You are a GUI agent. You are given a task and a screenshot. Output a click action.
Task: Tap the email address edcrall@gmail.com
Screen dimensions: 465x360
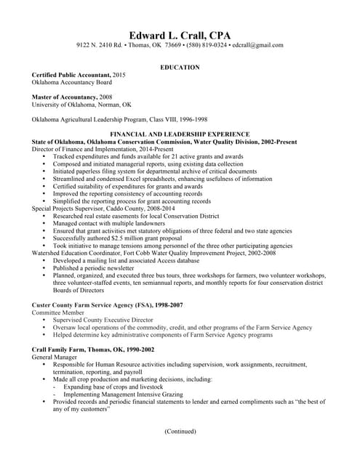click(257, 46)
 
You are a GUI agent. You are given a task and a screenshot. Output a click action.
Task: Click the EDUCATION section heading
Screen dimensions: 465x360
click(180, 68)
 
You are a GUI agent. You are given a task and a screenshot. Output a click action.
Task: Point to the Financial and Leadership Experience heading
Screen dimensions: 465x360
click(180, 134)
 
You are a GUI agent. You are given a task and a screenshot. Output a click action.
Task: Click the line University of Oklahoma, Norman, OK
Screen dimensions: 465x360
click(81, 105)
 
